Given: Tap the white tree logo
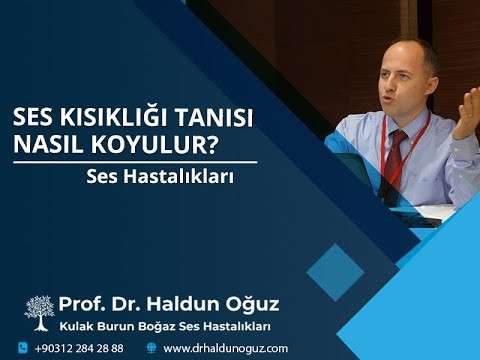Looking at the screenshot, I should point(40,313).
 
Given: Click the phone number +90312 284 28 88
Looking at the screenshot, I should point(79,348).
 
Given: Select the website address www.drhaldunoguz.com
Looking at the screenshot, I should point(225,348).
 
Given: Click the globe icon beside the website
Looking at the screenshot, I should point(151,348).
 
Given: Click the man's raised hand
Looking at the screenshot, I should point(467,112).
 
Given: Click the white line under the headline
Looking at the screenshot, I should point(134,161).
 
